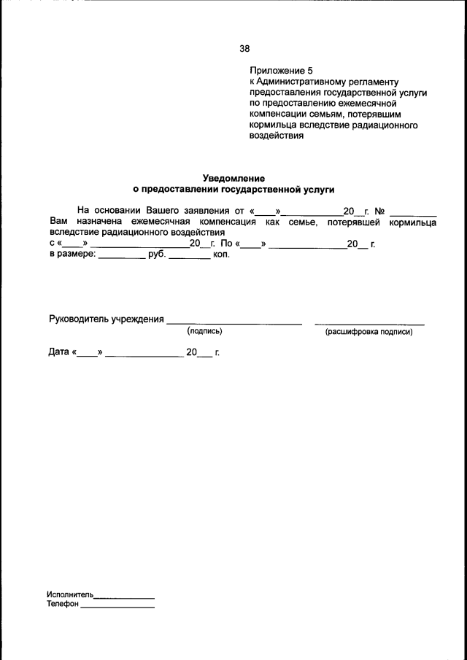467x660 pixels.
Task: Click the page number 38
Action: click(x=244, y=49)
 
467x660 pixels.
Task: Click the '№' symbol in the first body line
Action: click(x=379, y=211)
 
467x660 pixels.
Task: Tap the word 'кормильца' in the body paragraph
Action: click(x=412, y=222)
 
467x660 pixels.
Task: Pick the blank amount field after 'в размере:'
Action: click(x=122, y=257)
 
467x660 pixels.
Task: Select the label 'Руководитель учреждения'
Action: click(x=106, y=319)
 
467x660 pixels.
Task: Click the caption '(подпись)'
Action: click(x=204, y=332)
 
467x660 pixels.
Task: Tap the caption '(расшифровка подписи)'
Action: click(x=368, y=332)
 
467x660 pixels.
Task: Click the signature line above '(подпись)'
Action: click(x=234, y=322)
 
